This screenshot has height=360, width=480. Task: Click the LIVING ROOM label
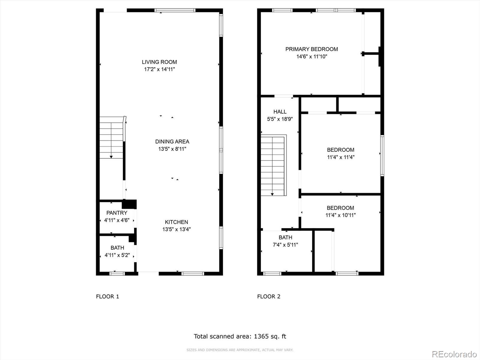click(x=159, y=62)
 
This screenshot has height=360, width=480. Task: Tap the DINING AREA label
click(x=172, y=142)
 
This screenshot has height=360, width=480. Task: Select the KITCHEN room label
click(x=176, y=222)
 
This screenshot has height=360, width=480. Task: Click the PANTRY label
click(x=117, y=213)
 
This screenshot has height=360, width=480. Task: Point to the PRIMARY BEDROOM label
click(x=312, y=49)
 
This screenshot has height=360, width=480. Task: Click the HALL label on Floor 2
click(x=280, y=112)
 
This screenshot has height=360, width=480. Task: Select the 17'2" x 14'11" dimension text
click(x=159, y=70)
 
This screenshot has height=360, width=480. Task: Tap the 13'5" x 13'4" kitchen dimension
click(x=176, y=229)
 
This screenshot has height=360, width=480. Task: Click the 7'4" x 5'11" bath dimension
click(x=285, y=245)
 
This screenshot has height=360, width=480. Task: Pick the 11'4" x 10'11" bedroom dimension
click(x=340, y=215)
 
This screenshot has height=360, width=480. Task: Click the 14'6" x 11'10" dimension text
click(x=312, y=57)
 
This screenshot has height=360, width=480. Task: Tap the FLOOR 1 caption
click(x=108, y=296)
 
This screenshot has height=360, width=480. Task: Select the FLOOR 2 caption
click(x=269, y=296)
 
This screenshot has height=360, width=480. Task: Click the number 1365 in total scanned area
click(x=261, y=336)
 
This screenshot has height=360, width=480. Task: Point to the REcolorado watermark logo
click(x=454, y=354)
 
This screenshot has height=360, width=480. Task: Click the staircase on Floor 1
click(x=112, y=137)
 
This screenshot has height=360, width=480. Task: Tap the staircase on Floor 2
click(x=274, y=165)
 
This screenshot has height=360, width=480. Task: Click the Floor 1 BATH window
click(x=117, y=273)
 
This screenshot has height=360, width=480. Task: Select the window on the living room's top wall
click(x=175, y=10)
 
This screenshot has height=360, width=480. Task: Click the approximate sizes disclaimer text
click(x=240, y=350)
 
